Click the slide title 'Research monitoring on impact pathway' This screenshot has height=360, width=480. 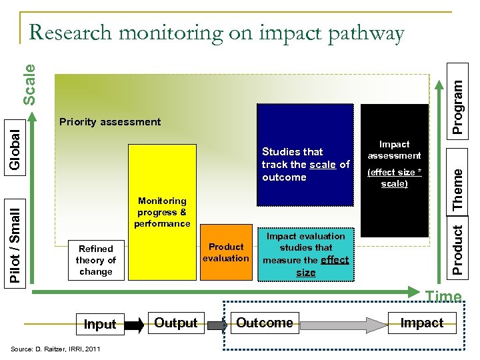tap(217, 33)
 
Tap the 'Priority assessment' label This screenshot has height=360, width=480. tap(110, 122)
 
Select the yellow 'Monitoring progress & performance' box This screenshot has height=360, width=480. tap(163, 211)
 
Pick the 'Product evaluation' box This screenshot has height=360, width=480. tap(225, 252)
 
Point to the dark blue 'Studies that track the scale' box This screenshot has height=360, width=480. tap(305, 165)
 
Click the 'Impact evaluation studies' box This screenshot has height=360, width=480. tap(305, 254)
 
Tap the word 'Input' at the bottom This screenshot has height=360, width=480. tap(101, 324)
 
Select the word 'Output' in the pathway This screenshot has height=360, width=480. tap(176, 323)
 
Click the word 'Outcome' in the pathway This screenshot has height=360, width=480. tap(265, 323)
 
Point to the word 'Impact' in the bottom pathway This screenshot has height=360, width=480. tap(422, 323)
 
